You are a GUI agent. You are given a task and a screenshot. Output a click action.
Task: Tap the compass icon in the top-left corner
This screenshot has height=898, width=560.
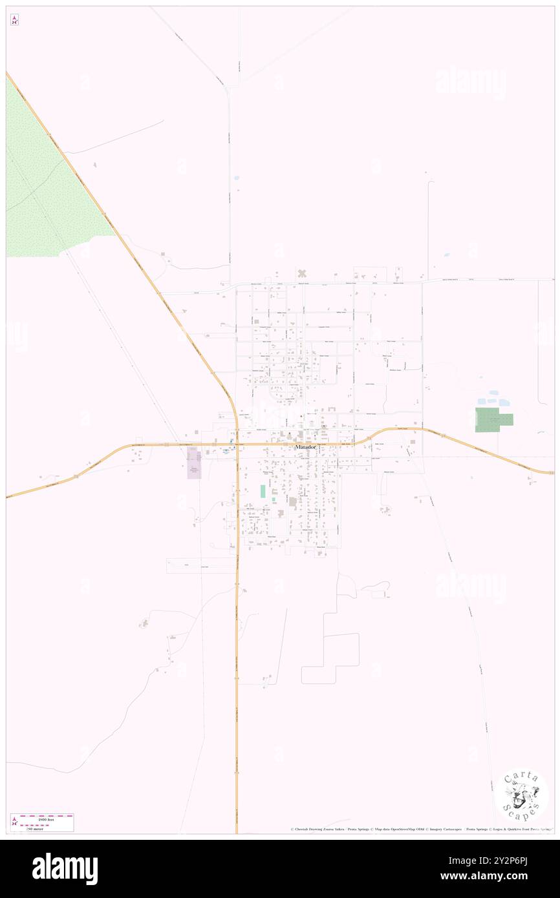pyautogui.click(x=14, y=20)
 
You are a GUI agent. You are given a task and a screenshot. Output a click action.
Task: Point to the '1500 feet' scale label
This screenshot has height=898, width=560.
pyautogui.click(x=45, y=819)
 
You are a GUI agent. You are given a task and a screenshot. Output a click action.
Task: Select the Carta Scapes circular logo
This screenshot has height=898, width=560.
pyautogui.click(x=521, y=794)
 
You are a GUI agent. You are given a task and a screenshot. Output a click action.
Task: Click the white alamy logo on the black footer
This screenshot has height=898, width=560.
pyautogui.click(x=65, y=869)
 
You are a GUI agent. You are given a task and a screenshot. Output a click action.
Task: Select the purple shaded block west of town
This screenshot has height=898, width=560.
pyautogui.click(x=194, y=463)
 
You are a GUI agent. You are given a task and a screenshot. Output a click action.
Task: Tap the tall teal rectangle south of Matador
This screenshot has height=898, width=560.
pyautogui.click(x=263, y=491)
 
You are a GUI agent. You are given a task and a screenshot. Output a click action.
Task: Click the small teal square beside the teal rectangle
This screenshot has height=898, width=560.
pyautogui.click(x=274, y=499)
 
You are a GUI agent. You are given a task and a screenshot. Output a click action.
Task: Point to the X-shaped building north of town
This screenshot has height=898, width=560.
pyautogui.click(x=301, y=274)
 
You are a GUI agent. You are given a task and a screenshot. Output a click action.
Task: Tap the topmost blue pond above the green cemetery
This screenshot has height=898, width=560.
pyautogui.click(x=495, y=392)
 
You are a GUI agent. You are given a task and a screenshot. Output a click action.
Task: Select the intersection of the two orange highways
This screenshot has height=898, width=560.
pyautogui.click(x=237, y=444)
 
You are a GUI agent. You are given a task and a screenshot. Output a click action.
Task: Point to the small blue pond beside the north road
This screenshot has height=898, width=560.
pyautogui.click(x=236, y=178)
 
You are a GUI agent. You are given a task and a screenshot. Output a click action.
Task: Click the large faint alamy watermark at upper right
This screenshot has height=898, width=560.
pyautogui.click(x=470, y=82)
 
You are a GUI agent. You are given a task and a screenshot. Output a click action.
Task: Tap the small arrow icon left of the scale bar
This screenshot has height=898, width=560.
pyautogui.click(x=14, y=822)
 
